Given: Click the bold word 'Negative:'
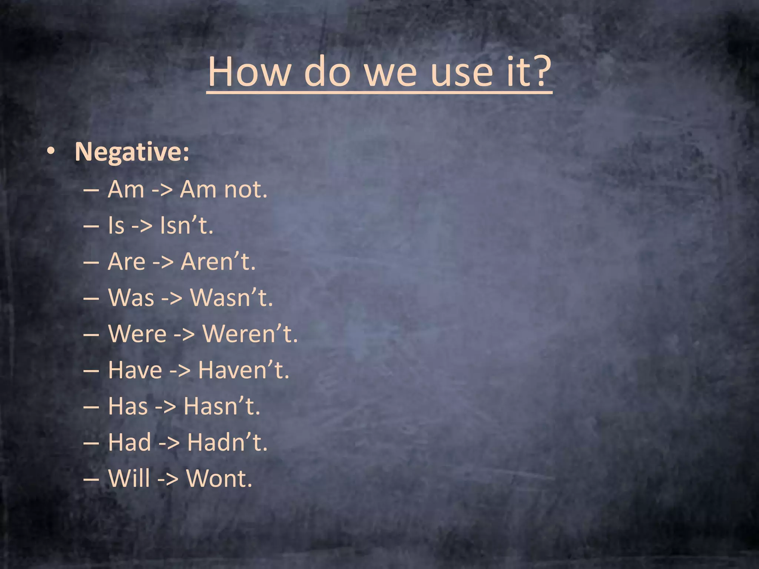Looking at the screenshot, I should point(132,152).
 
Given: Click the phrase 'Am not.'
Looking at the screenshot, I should point(223,189).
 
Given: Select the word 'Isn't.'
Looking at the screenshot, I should point(186,225).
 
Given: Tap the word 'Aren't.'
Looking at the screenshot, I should point(218,262).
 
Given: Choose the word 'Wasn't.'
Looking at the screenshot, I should point(231,297).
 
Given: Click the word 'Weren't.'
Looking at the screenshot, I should point(250,333).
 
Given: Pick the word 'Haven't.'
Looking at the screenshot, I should point(243,370).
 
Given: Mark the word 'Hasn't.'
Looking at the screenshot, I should point(222,406).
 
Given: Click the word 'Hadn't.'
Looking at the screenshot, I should point(227,442).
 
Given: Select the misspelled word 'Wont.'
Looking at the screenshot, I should point(219,478).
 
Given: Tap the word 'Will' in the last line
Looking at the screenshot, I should point(129,478).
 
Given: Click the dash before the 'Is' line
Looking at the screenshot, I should point(91,226).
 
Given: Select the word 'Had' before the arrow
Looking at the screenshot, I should point(129,442).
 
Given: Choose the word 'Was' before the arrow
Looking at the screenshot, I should point(131,297).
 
